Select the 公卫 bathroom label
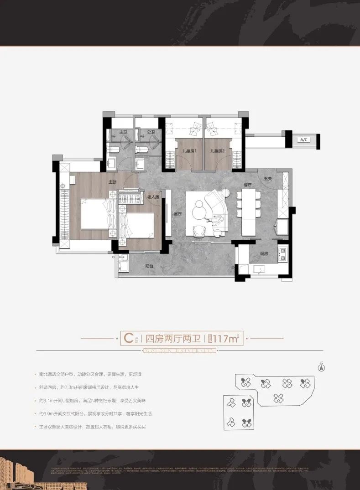pyautogui.click(x=151, y=132)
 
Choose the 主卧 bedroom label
pyautogui.click(x=113, y=181)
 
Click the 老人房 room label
pyautogui.click(x=153, y=197)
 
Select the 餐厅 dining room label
pyautogui.click(x=248, y=186)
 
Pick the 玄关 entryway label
pyautogui.click(x=269, y=179)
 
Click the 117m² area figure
pyautogui.click(x=226, y=339)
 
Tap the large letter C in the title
pyautogui.click(x=129, y=338)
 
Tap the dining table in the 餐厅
pyautogui.click(x=248, y=212)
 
